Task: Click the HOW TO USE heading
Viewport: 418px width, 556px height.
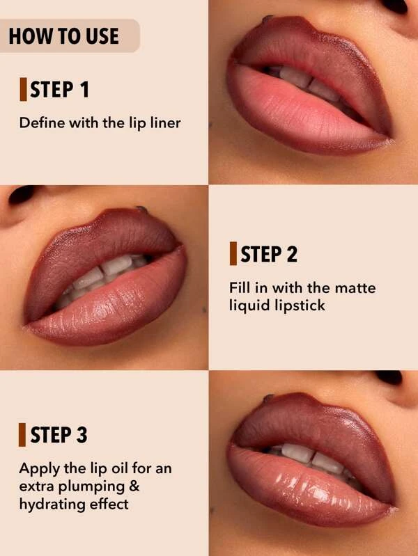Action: (x=64, y=36)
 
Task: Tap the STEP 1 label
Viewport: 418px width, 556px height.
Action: (x=59, y=89)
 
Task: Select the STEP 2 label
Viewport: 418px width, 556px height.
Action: (x=269, y=254)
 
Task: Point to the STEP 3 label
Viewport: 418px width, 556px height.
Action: (x=59, y=435)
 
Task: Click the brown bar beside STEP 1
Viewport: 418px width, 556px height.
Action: (x=24, y=89)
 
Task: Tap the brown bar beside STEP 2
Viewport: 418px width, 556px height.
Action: (x=233, y=253)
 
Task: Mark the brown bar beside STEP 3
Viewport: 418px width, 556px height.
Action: (x=22, y=434)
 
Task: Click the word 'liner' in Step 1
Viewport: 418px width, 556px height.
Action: (x=166, y=122)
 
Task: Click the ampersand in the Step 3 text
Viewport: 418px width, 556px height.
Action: (x=134, y=486)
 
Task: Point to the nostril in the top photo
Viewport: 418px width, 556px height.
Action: (x=394, y=6)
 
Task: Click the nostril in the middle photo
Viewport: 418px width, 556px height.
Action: (x=22, y=194)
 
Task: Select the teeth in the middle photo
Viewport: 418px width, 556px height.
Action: (x=103, y=275)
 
